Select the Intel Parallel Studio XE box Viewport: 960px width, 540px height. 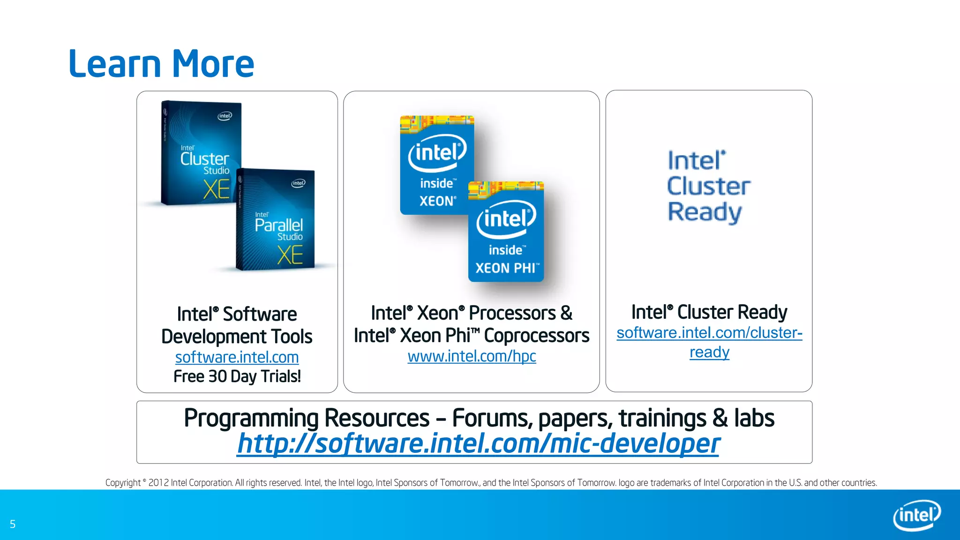[x=276, y=220]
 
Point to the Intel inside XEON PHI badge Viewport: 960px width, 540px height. [x=506, y=232]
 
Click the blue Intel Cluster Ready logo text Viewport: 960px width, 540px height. [x=708, y=187]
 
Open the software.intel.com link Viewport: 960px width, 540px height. [x=237, y=357]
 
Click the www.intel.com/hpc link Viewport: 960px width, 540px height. [x=472, y=356]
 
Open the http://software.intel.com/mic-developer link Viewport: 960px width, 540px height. [x=478, y=443]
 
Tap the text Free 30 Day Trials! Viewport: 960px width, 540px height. [x=237, y=376]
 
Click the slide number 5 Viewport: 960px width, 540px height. [x=13, y=524]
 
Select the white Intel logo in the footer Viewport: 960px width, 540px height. [x=916, y=515]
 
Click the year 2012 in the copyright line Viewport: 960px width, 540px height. [x=158, y=483]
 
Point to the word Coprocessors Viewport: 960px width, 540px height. [x=536, y=336]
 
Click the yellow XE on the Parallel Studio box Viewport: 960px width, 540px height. [x=290, y=255]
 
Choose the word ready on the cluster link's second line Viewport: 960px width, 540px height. [x=709, y=352]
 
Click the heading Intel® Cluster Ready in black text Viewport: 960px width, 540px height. [x=709, y=312]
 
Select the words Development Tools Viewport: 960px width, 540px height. [x=237, y=337]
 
